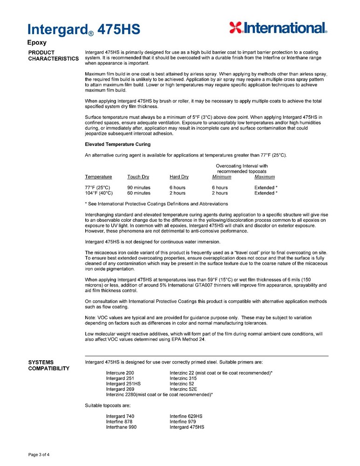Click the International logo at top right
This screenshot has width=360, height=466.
click(278, 28)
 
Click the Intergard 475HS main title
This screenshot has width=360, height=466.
click(84, 29)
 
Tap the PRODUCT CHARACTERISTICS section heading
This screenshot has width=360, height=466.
click(53, 55)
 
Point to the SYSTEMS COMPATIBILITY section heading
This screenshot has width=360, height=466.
click(48, 365)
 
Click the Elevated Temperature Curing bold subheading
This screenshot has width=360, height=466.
click(117, 144)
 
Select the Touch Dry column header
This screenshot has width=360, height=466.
click(138, 177)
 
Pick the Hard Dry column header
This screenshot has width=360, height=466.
click(179, 177)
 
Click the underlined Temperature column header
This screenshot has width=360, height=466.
click(98, 177)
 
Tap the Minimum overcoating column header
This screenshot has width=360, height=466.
click(221, 177)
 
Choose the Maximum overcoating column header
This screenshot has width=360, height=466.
click(265, 177)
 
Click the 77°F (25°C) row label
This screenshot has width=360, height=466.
click(98, 187)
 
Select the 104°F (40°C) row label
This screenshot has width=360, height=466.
click(99, 193)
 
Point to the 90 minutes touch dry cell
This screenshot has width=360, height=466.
click(139, 187)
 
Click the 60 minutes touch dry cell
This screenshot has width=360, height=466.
click(139, 193)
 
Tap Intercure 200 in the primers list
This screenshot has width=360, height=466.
click(120, 373)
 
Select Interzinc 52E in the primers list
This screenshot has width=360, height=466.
click(183, 389)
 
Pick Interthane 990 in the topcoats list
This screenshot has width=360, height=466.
click(121, 427)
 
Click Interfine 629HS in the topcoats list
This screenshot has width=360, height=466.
click(186, 416)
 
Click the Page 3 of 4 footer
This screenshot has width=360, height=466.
click(39, 454)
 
